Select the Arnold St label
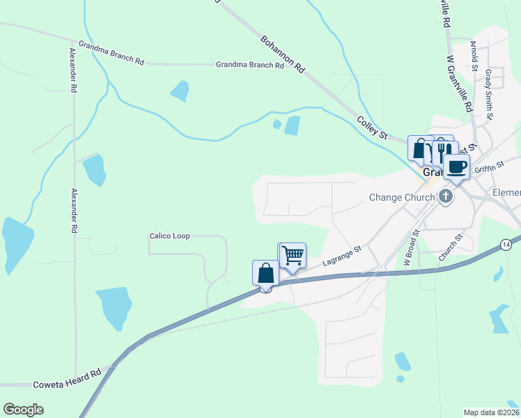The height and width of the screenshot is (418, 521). [x=474, y=56]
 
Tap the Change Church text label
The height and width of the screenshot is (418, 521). [x=401, y=197]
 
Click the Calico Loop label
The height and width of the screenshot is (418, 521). [x=169, y=236]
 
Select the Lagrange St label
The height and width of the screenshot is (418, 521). [x=342, y=257]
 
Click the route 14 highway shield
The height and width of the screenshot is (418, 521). [x=506, y=244]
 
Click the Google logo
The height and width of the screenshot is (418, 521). [x=23, y=410]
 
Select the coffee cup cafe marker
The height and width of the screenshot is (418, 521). [x=456, y=167]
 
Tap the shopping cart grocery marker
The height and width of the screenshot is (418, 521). [x=293, y=255]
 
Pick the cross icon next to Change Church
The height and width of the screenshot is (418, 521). [x=446, y=197]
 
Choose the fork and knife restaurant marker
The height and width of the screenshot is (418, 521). [x=442, y=150]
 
